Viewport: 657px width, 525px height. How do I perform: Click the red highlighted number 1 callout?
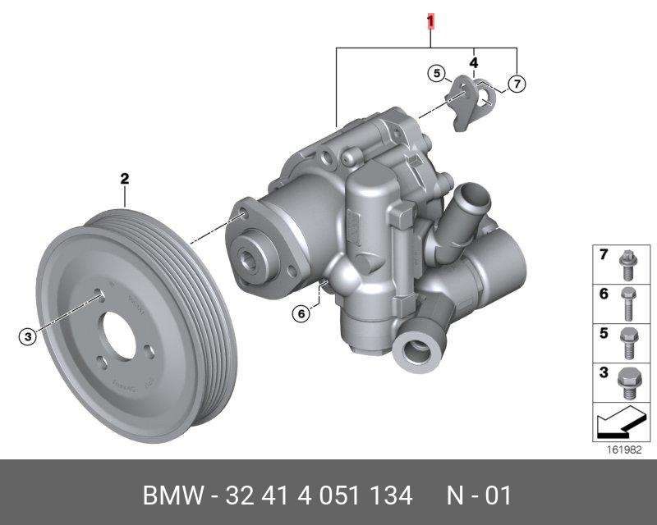coord(430,21)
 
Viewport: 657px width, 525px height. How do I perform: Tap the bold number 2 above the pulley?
coord(125,179)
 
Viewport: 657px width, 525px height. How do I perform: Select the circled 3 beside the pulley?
coord(28,336)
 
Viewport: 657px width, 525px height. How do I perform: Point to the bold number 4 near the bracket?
coord(474,63)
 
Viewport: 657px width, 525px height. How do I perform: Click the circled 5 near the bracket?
coord(437,74)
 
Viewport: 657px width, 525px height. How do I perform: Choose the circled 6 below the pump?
coord(301,313)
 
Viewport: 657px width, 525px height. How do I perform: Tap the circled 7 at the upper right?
coord(517,84)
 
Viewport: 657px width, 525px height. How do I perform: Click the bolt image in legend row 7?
coord(627,265)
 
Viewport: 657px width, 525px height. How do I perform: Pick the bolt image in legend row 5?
coord(628,344)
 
